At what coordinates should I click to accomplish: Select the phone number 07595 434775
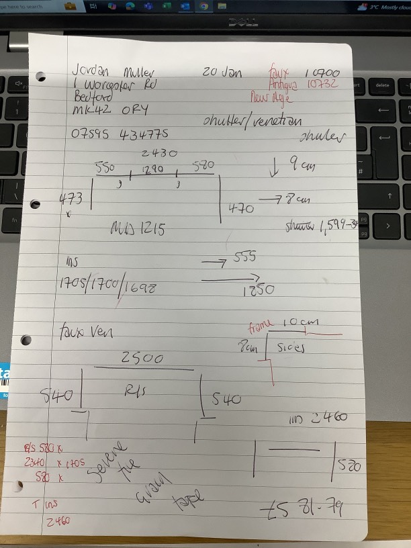tap(120, 134)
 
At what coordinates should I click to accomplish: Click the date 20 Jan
tap(221, 72)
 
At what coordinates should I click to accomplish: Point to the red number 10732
tap(322, 85)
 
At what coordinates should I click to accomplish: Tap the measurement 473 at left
tap(71, 198)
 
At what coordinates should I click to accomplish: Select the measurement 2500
tap(142, 359)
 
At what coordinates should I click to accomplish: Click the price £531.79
tap(303, 510)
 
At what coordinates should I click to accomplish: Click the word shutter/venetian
tap(252, 121)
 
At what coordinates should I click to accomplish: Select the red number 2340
tap(35, 463)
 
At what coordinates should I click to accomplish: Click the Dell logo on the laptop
tap(244, 22)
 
